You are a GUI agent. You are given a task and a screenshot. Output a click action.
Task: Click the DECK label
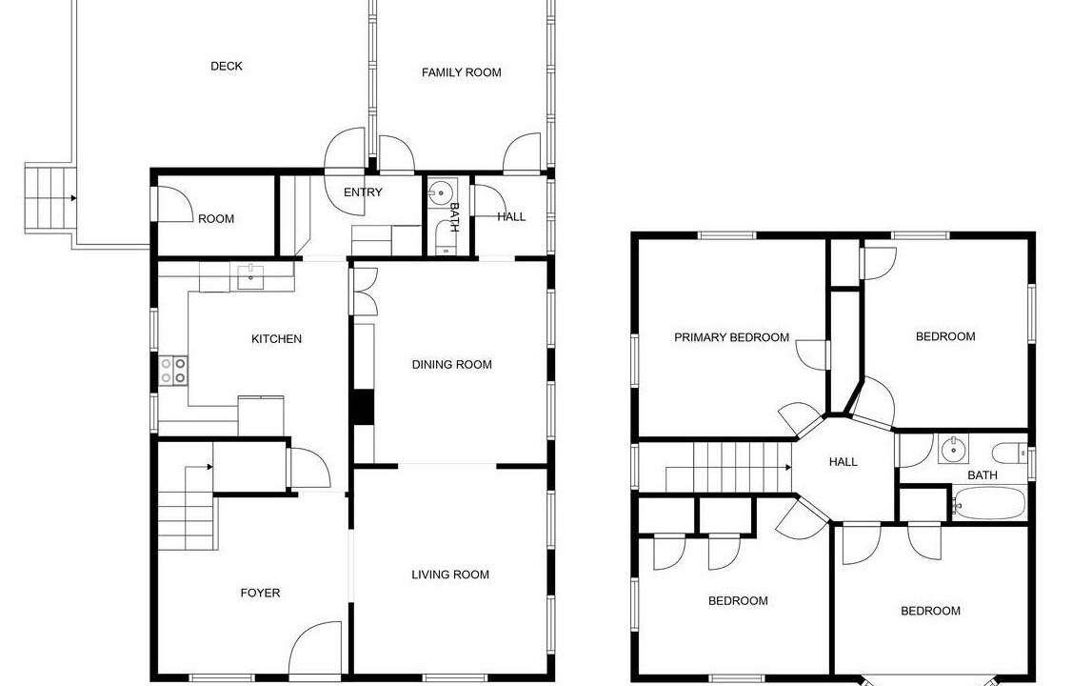(x=227, y=67)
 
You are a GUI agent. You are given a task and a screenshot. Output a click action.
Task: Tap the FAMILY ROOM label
(x=462, y=72)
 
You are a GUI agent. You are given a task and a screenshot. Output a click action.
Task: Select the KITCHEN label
(x=276, y=339)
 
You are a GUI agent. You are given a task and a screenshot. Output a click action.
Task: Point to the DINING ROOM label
(x=452, y=365)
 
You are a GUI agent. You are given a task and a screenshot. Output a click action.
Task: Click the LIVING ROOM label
(x=450, y=575)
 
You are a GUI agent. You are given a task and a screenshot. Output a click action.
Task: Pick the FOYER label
(x=261, y=593)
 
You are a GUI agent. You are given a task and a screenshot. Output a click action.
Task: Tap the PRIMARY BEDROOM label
(x=731, y=337)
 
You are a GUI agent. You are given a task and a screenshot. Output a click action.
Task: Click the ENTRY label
(x=363, y=192)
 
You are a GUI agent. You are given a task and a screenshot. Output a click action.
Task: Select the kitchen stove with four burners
(x=173, y=370)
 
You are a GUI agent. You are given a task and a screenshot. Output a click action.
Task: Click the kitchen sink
(x=251, y=277)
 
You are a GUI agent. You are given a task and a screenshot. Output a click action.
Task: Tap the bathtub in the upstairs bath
(x=988, y=503)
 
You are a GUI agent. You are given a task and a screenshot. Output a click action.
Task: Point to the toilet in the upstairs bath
(x=1009, y=453)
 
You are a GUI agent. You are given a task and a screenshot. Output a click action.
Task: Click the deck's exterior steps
(x=50, y=198)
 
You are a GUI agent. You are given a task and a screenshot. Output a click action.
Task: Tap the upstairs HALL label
(x=843, y=462)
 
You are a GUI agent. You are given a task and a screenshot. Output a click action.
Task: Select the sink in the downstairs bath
(x=444, y=189)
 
